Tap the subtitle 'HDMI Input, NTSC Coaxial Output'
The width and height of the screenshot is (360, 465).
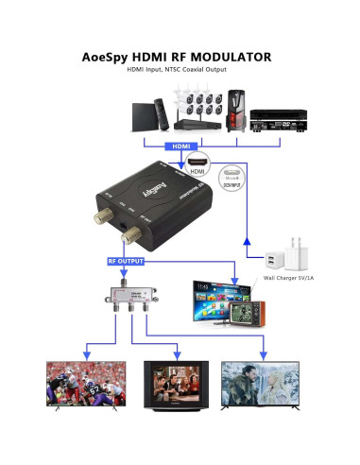(x=180, y=72)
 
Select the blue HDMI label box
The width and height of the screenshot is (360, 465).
(x=180, y=146)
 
